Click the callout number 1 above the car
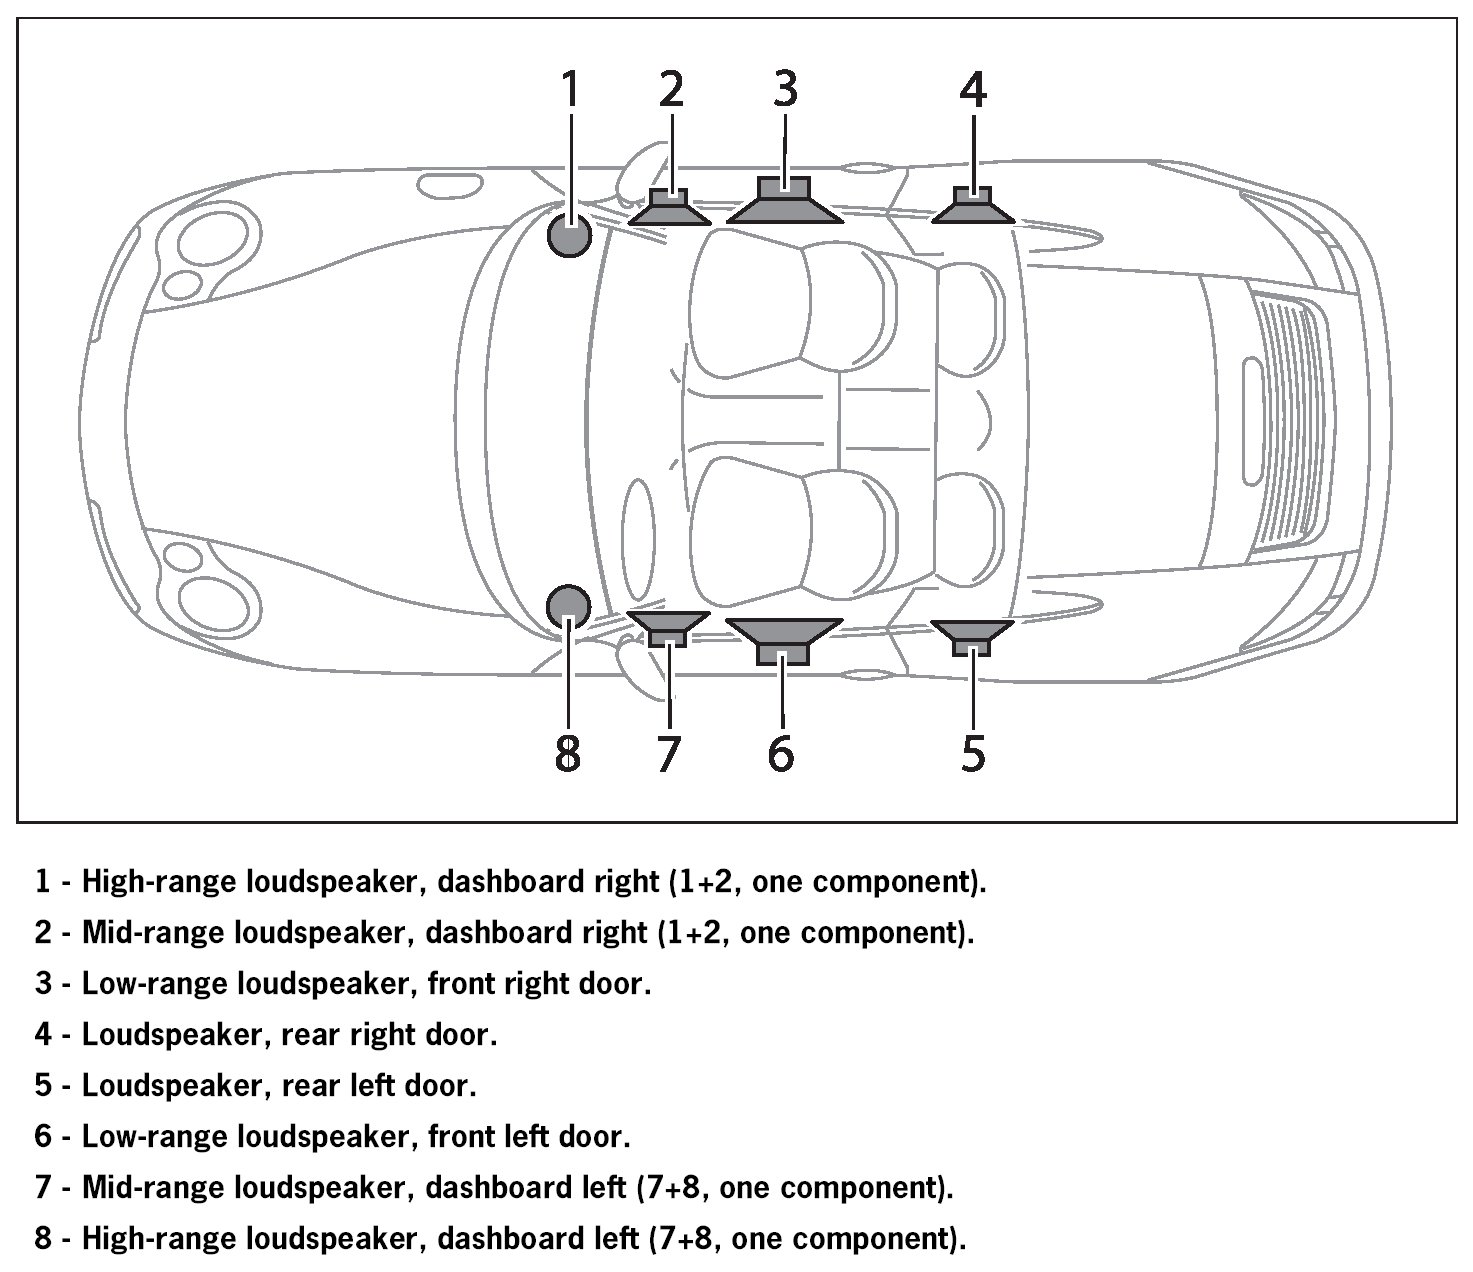point(570,90)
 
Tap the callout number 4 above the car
point(973,90)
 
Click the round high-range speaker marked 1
point(570,237)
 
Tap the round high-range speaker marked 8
point(569,605)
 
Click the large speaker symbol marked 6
point(783,640)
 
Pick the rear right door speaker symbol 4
point(973,207)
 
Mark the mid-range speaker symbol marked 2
point(670,208)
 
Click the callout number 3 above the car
point(786,90)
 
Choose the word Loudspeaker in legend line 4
point(171,1035)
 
